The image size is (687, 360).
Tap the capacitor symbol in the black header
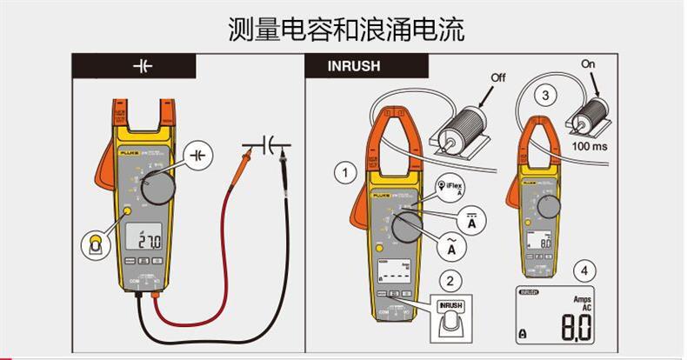(x=141, y=65)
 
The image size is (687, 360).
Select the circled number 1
(x=346, y=172)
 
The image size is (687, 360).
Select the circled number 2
(x=450, y=280)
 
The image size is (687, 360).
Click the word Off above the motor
(x=497, y=77)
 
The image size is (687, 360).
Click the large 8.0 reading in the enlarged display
(x=574, y=328)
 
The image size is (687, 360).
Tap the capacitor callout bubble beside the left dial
(x=200, y=154)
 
